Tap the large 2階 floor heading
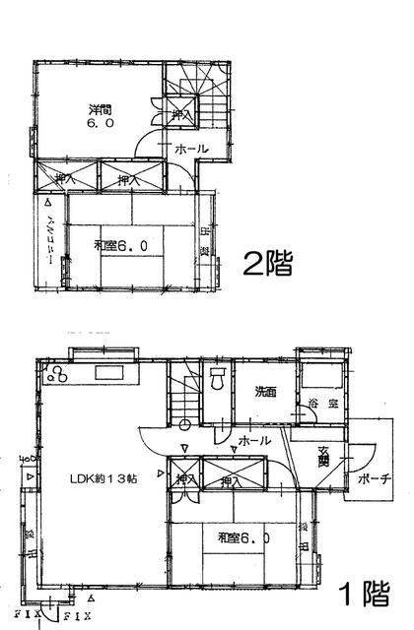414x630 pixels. pyautogui.click(x=267, y=264)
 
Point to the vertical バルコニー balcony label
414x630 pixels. pyautogui.click(x=49, y=235)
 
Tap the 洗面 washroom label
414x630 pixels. pyautogui.click(x=263, y=391)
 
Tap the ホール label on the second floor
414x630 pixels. pyautogui.click(x=189, y=150)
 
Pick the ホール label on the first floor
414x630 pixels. pyautogui.click(x=254, y=441)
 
